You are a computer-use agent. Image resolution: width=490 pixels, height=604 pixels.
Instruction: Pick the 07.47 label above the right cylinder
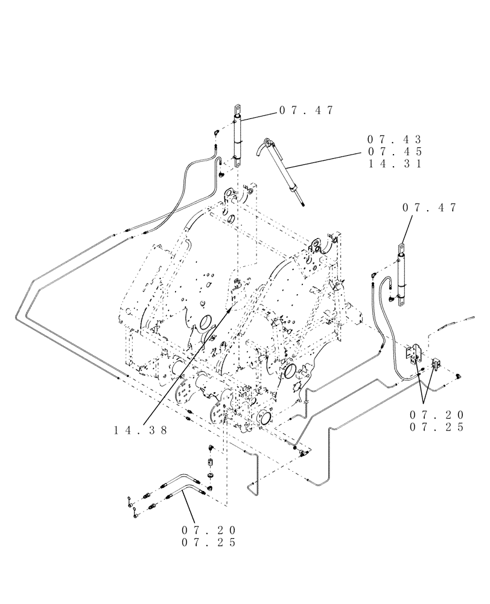(429, 208)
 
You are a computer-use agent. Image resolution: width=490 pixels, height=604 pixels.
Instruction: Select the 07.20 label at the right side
(436, 415)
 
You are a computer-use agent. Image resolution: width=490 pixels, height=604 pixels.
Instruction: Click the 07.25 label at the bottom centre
(208, 542)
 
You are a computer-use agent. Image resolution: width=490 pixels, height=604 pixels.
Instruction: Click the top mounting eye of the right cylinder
(401, 248)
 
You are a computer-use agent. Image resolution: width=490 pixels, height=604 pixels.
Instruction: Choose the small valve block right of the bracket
(436, 364)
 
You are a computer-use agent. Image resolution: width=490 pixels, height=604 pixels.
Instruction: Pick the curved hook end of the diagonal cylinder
(262, 145)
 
